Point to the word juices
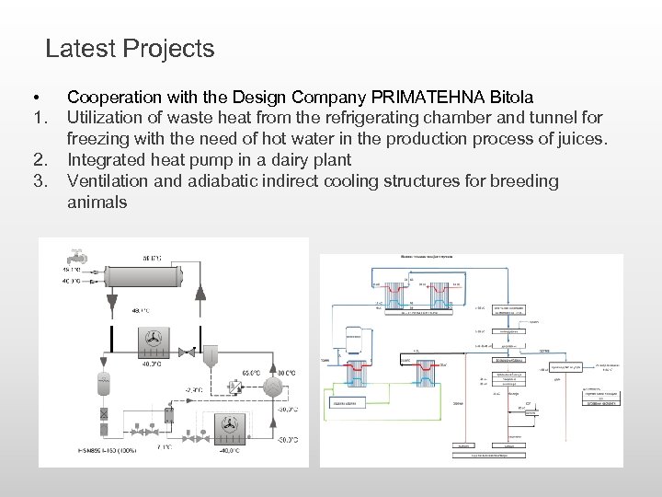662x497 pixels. [579, 139]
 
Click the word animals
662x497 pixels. [97, 202]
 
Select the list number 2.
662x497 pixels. [39, 160]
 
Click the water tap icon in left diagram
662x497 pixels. [73, 256]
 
